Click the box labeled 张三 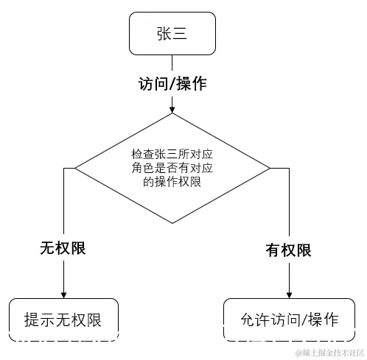(x=172, y=34)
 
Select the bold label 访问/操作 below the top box (x=172, y=83)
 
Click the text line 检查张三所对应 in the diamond (x=172, y=155)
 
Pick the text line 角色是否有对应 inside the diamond (x=172, y=168)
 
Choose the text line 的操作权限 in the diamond (x=172, y=180)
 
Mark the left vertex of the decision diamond (x=77, y=168)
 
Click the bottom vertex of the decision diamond (x=172, y=222)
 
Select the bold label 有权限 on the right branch (x=288, y=250)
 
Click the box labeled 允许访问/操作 (x=288, y=320)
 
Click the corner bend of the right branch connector (x=288, y=168)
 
